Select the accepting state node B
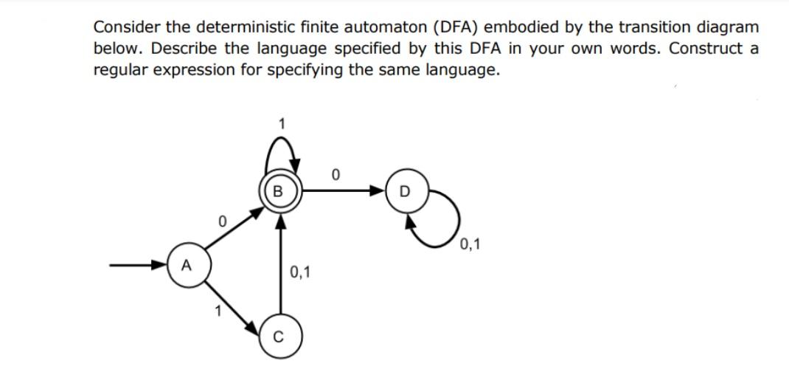pos(278,193)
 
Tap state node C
pos(278,340)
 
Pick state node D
pos(402,193)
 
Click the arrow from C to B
pos(278,269)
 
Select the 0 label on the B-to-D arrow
pos(336,176)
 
